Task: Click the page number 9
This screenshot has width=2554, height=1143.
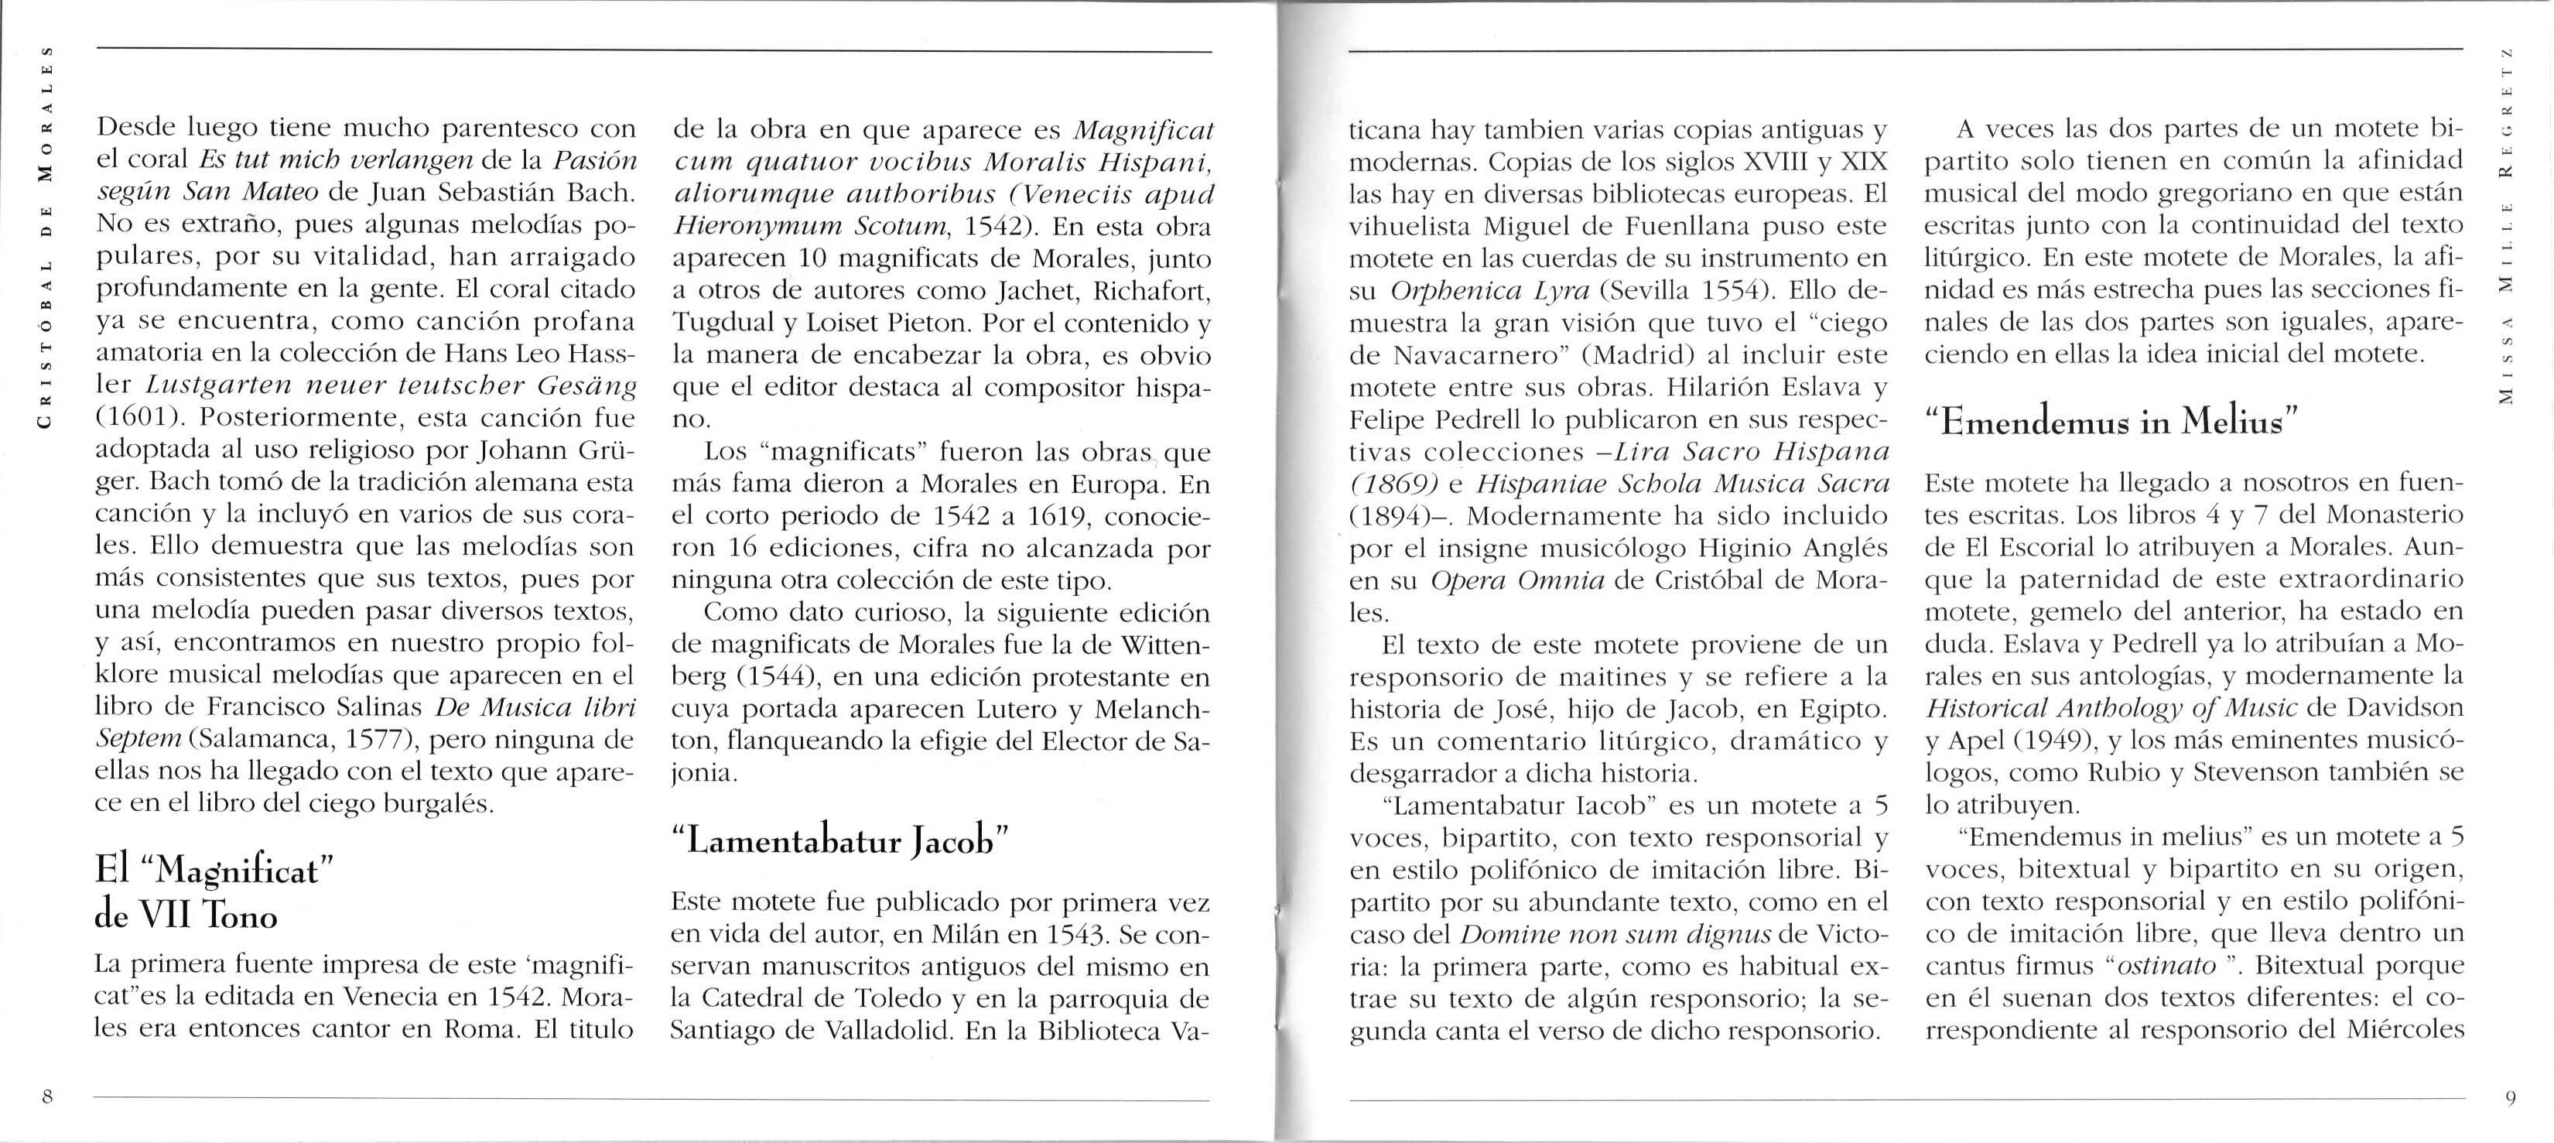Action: tap(2509, 1097)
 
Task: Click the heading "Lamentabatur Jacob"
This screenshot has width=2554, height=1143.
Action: tap(839, 840)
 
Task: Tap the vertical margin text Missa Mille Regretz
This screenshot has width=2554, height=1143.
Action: tap(2504, 238)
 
